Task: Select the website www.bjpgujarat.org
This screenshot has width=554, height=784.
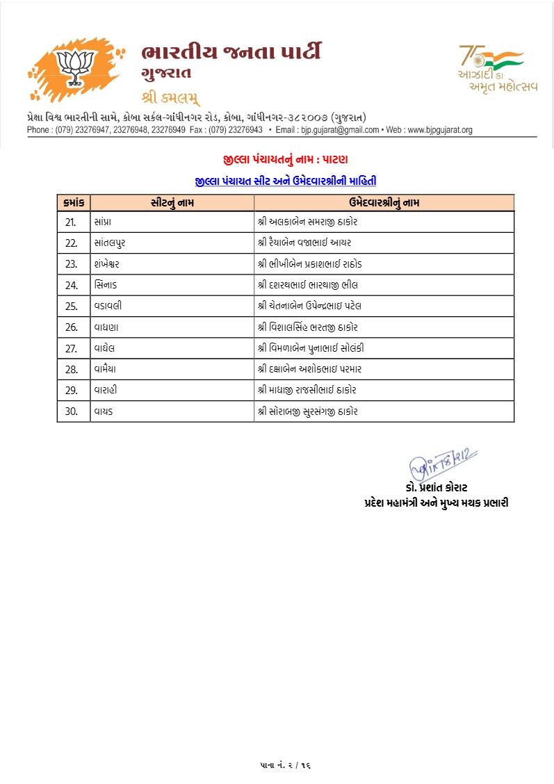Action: click(x=439, y=130)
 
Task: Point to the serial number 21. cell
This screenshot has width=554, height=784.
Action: click(x=72, y=222)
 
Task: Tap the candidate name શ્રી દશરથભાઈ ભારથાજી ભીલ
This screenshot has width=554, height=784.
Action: click(x=307, y=285)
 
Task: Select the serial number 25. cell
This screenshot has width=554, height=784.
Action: click(x=72, y=306)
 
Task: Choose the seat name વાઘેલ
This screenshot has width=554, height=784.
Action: click(x=104, y=348)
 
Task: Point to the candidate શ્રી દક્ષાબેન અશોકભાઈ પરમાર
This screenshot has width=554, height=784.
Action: click(x=309, y=369)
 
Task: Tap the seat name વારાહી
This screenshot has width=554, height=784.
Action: click(x=106, y=390)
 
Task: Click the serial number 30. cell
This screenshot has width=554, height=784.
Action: click(x=72, y=411)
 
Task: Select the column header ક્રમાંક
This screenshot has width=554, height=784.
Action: click(x=72, y=202)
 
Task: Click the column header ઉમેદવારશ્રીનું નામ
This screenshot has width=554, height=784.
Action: click(x=384, y=202)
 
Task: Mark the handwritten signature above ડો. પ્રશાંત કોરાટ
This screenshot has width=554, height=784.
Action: click(x=442, y=460)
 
